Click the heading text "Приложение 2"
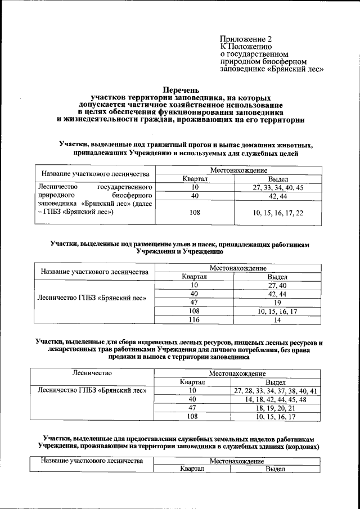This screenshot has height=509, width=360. [245, 39]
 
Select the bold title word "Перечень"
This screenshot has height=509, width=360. [181, 89]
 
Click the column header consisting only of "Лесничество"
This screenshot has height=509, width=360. [92, 373]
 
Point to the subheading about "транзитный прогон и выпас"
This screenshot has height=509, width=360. [185, 148]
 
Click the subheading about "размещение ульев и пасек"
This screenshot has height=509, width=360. [181, 248]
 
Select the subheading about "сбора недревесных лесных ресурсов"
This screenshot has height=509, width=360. [181, 349]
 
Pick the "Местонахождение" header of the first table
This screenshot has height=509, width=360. [238, 170]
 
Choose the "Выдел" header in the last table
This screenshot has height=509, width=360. [276, 469]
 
